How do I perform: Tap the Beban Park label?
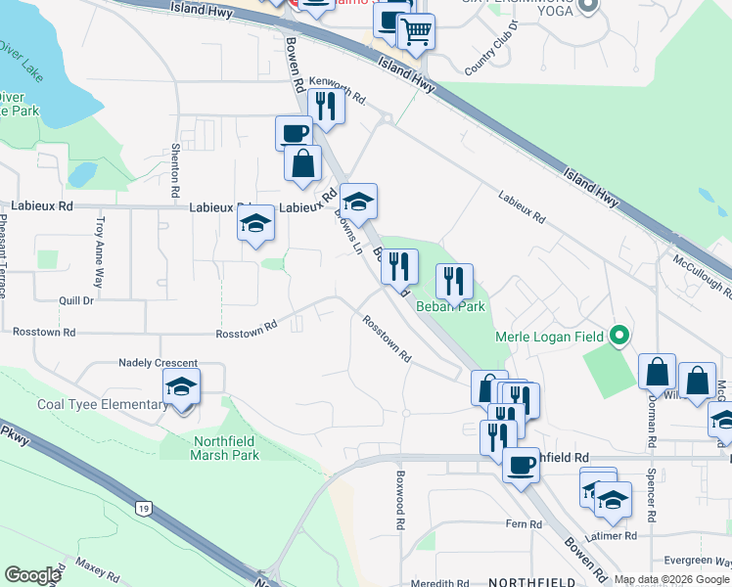[450, 306]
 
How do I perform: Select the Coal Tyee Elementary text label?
[102, 405]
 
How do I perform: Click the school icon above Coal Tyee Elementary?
[182, 387]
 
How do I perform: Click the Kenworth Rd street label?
[337, 89]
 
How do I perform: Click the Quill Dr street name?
[75, 300]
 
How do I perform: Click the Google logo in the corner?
[32, 575]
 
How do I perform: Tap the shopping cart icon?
[416, 31]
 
